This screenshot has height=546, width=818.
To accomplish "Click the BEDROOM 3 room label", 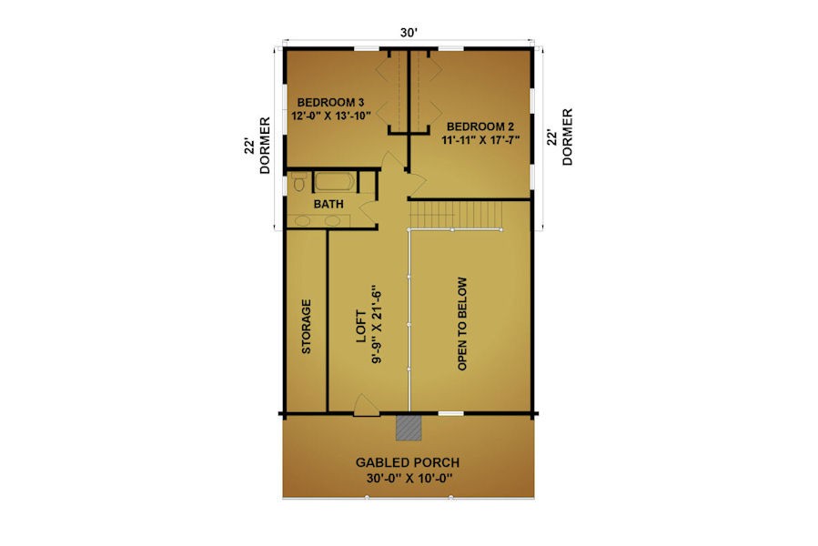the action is point(330,102).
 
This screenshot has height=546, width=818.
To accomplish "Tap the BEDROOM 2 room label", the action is point(480,126).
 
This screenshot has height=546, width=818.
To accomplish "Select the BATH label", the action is point(328,204).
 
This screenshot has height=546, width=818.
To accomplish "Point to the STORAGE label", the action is point(307,327).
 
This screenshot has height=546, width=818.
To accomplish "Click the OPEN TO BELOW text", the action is point(462,324).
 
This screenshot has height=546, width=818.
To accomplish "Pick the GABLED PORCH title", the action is point(408,462).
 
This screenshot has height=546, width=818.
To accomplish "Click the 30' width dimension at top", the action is point(409,33).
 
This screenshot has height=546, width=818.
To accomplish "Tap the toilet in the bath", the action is point(299,183).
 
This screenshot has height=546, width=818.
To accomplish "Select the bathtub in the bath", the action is point(335,182).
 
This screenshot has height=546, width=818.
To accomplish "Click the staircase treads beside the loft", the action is point(456,214).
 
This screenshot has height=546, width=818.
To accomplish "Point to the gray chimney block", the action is point(409,428).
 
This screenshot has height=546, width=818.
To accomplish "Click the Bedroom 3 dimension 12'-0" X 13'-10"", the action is point(330,116).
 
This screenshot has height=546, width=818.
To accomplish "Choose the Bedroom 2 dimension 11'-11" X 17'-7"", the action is point(480,140).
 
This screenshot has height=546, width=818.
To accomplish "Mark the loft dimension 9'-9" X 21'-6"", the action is point(377,324).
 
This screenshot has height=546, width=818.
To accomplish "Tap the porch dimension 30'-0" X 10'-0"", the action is point(409,478).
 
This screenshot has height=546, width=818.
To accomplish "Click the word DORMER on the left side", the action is point(265,145).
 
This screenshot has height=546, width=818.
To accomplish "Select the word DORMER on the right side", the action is point(567,136).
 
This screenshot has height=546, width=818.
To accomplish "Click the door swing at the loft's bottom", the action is point(367,406).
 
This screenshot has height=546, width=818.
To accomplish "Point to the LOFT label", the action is point(361,327).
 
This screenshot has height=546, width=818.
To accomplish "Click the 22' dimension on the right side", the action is point(551,137).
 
